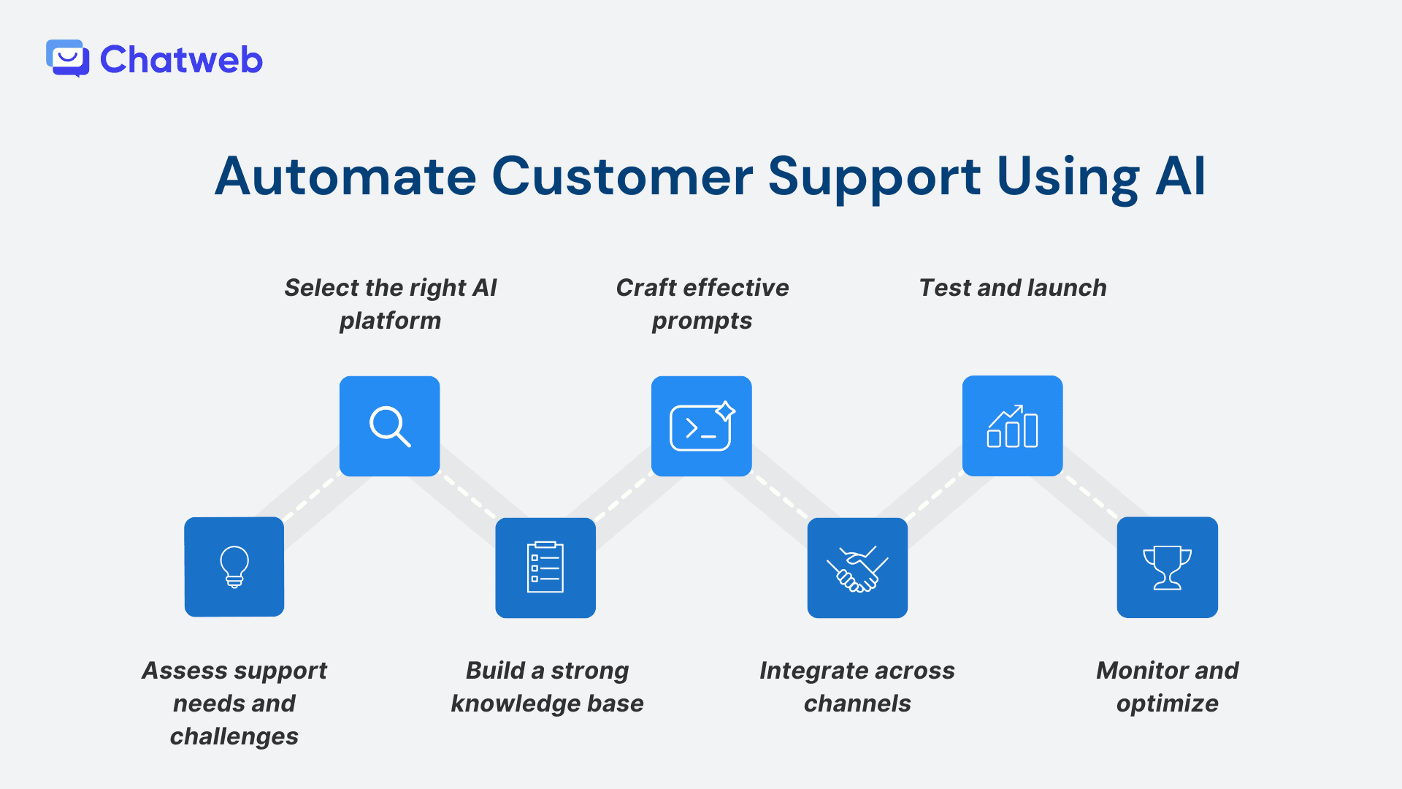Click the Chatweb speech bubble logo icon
pyautogui.click(x=67, y=58)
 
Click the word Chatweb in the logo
pyautogui.click(x=181, y=60)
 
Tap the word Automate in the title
pyautogui.click(x=345, y=177)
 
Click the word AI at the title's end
pyautogui.click(x=1180, y=177)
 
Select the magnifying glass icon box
pyautogui.click(x=390, y=426)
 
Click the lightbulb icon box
pyautogui.click(x=234, y=567)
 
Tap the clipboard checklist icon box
pyautogui.click(x=545, y=568)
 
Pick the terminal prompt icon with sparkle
pyautogui.click(x=701, y=426)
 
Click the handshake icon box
pyautogui.click(x=857, y=568)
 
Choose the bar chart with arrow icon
pyautogui.click(x=1012, y=426)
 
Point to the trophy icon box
pyautogui.click(x=1167, y=568)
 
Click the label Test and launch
pyautogui.click(x=1012, y=288)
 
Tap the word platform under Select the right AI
pyautogui.click(x=390, y=321)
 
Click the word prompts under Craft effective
pyautogui.click(x=702, y=321)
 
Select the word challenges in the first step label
pyautogui.click(x=234, y=736)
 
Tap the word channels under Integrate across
pyautogui.click(x=857, y=704)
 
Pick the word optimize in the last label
pyautogui.click(x=1167, y=704)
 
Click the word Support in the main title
pyautogui.click(x=874, y=177)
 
